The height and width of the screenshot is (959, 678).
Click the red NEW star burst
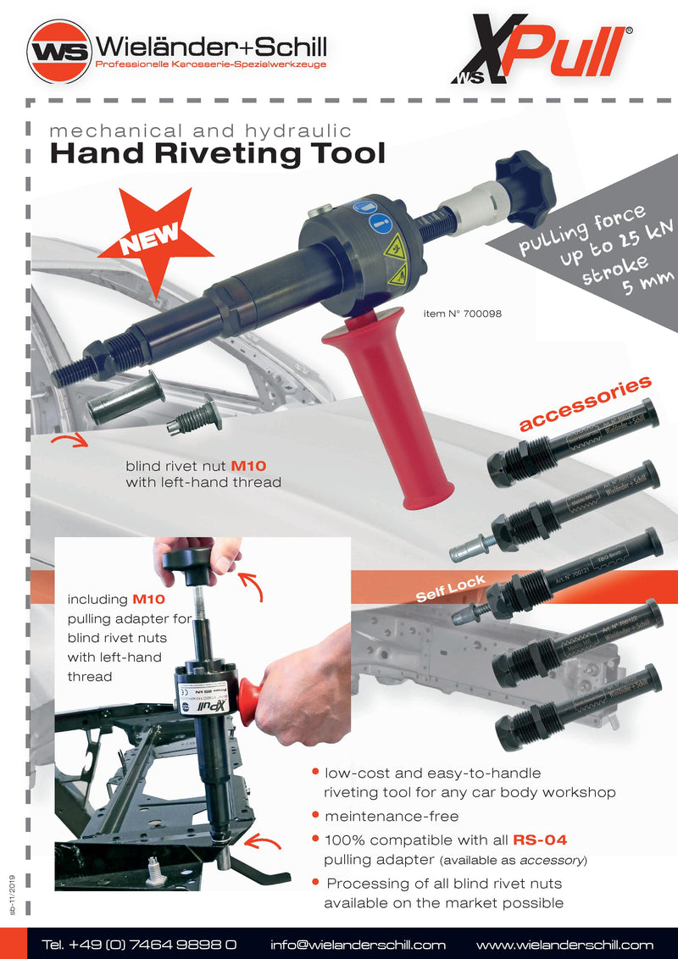click(x=155, y=235)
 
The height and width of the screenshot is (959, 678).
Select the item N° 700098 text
click(x=462, y=313)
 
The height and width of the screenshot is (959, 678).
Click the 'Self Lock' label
click(x=450, y=588)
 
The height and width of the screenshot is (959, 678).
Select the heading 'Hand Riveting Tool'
click(x=217, y=154)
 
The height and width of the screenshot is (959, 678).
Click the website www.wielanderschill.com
click(x=564, y=944)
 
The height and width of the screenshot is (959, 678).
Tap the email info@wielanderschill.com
click(x=358, y=944)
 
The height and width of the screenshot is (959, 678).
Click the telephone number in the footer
click(x=139, y=944)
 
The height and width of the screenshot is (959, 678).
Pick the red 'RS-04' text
click(x=539, y=840)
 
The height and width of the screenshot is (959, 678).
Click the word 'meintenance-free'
click(x=391, y=816)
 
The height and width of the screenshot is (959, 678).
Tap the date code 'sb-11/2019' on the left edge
click(x=13, y=894)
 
